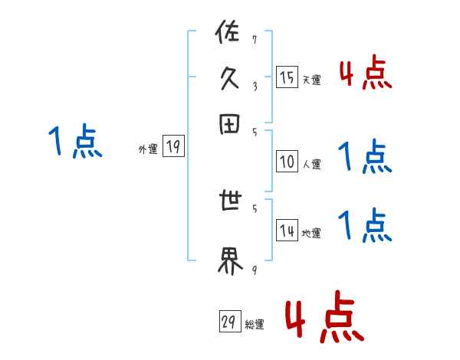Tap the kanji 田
click(229, 125)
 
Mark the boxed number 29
click(228, 323)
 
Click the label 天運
click(311, 80)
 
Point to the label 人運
click(311, 164)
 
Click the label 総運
click(254, 325)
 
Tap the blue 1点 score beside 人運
click(365, 157)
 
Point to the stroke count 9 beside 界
click(255, 270)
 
